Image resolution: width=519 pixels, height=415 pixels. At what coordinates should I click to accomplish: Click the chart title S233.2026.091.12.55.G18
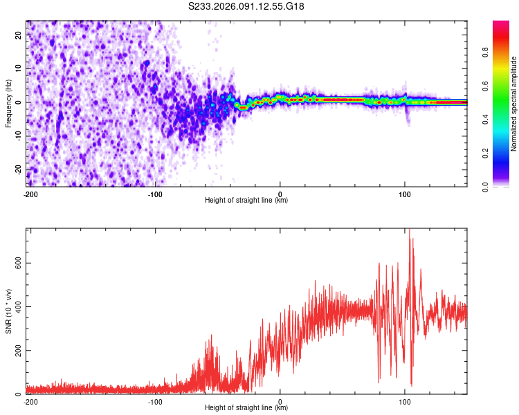pyautogui.click(x=246, y=6)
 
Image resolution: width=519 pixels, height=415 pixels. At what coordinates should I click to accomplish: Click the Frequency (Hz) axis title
pyautogui.click(x=8, y=104)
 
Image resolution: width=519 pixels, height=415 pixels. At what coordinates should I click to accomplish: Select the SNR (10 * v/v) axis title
pyautogui.click(x=8, y=311)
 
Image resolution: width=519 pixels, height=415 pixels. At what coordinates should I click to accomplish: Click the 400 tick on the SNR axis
pyautogui.click(x=18, y=306)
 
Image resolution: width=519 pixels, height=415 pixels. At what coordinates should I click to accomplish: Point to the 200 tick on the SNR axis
pyautogui.click(x=18, y=350)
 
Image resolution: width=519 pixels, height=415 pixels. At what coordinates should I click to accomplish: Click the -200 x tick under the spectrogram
pyautogui.click(x=30, y=194)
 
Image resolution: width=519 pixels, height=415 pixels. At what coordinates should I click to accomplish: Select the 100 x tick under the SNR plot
pyautogui.click(x=405, y=402)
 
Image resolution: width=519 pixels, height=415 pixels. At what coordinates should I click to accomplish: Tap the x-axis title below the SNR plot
pyautogui.click(x=246, y=408)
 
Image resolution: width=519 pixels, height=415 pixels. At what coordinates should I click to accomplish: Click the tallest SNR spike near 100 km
pyautogui.click(x=410, y=231)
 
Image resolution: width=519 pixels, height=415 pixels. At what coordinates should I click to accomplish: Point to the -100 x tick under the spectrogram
pyautogui.click(x=155, y=194)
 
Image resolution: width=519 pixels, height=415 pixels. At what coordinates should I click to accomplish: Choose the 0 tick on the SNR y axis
pyautogui.click(x=21, y=394)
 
